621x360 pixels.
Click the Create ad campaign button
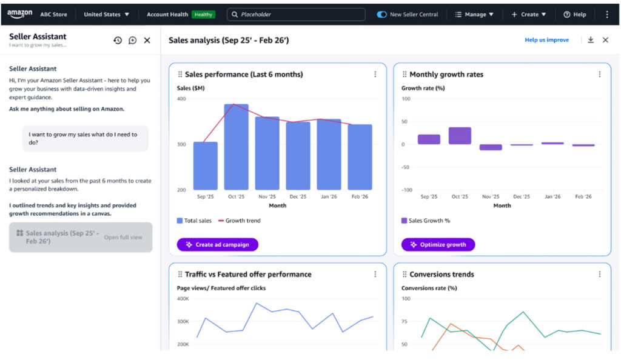[x=218, y=244]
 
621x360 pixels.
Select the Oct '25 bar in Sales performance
[x=236, y=147]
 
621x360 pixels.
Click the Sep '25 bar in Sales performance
[x=205, y=166]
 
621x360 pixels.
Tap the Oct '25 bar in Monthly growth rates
[x=460, y=136]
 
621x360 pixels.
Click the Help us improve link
[x=546, y=40]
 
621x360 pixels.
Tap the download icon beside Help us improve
[x=591, y=40]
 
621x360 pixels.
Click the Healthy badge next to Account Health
[x=203, y=15]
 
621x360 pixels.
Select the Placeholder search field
[x=296, y=15]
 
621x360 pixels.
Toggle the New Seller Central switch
[x=382, y=15]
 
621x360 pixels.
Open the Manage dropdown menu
[x=474, y=15]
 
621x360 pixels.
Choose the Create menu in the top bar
[x=529, y=15]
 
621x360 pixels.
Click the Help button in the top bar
[x=575, y=15]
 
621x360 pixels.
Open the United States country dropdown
[x=106, y=15]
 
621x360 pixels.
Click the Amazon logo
[x=20, y=14]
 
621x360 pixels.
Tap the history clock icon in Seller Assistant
[x=118, y=41]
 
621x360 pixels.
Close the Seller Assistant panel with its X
[x=147, y=41]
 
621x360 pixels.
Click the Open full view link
[x=123, y=238]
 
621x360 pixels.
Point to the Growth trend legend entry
[x=239, y=221]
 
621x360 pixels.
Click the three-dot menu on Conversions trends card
[x=600, y=274]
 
